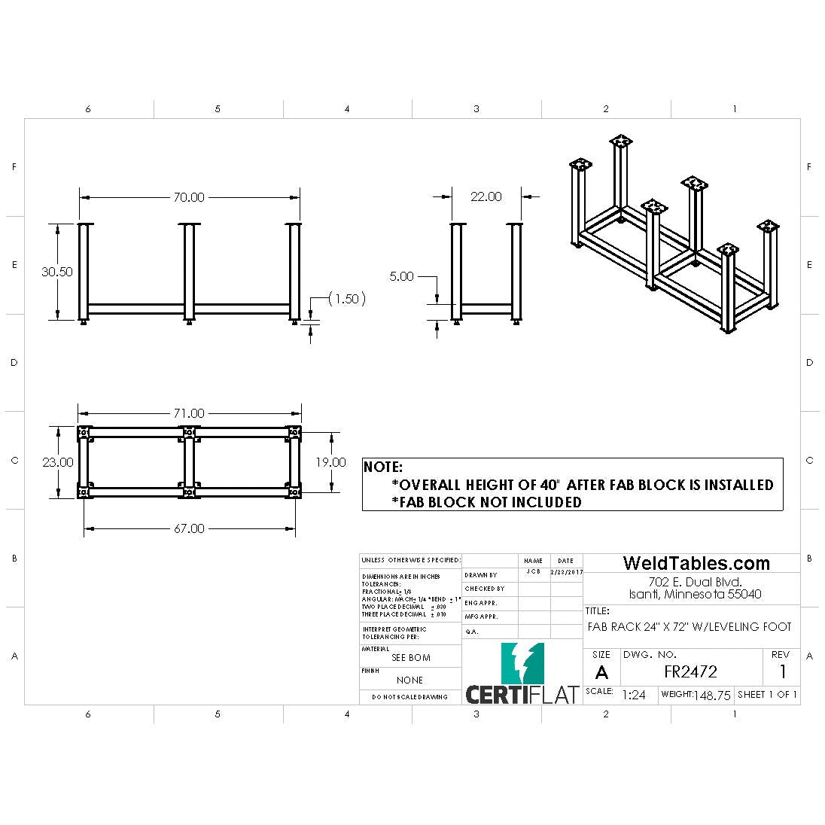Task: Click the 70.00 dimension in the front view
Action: [189, 197]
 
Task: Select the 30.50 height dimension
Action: [57, 272]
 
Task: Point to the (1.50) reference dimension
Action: [346, 299]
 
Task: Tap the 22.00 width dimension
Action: [486, 196]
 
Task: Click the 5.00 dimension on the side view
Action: [401, 276]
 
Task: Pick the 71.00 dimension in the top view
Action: [189, 413]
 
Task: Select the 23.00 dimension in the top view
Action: [57, 461]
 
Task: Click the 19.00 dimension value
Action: [330, 461]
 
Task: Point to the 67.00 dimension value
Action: [189, 528]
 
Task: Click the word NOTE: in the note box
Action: [383, 467]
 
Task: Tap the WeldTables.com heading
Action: [696, 563]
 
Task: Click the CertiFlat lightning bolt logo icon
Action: [523, 662]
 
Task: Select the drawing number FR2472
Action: [690, 671]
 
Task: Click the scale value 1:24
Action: [634, 695]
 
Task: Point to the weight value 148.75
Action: [712, 696]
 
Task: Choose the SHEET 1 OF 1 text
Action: [767, 694]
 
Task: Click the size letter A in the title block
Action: [601, 672]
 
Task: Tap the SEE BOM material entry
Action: [411, 658]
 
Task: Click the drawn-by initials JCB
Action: [533, 572]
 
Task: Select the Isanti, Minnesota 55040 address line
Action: [696, 594]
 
